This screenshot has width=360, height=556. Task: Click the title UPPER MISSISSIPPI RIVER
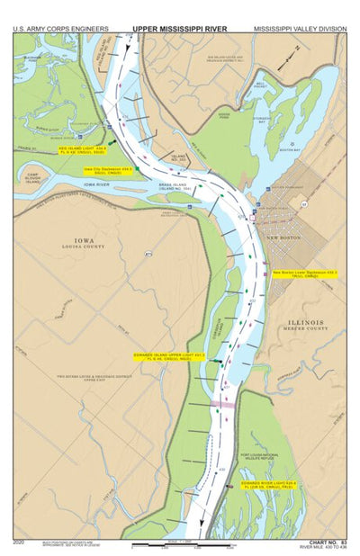[179, 28]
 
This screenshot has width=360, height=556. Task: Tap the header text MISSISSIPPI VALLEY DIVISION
[300, 28]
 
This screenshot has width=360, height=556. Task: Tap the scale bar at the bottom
[176, 544]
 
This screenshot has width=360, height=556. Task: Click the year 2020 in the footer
[20, 542]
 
